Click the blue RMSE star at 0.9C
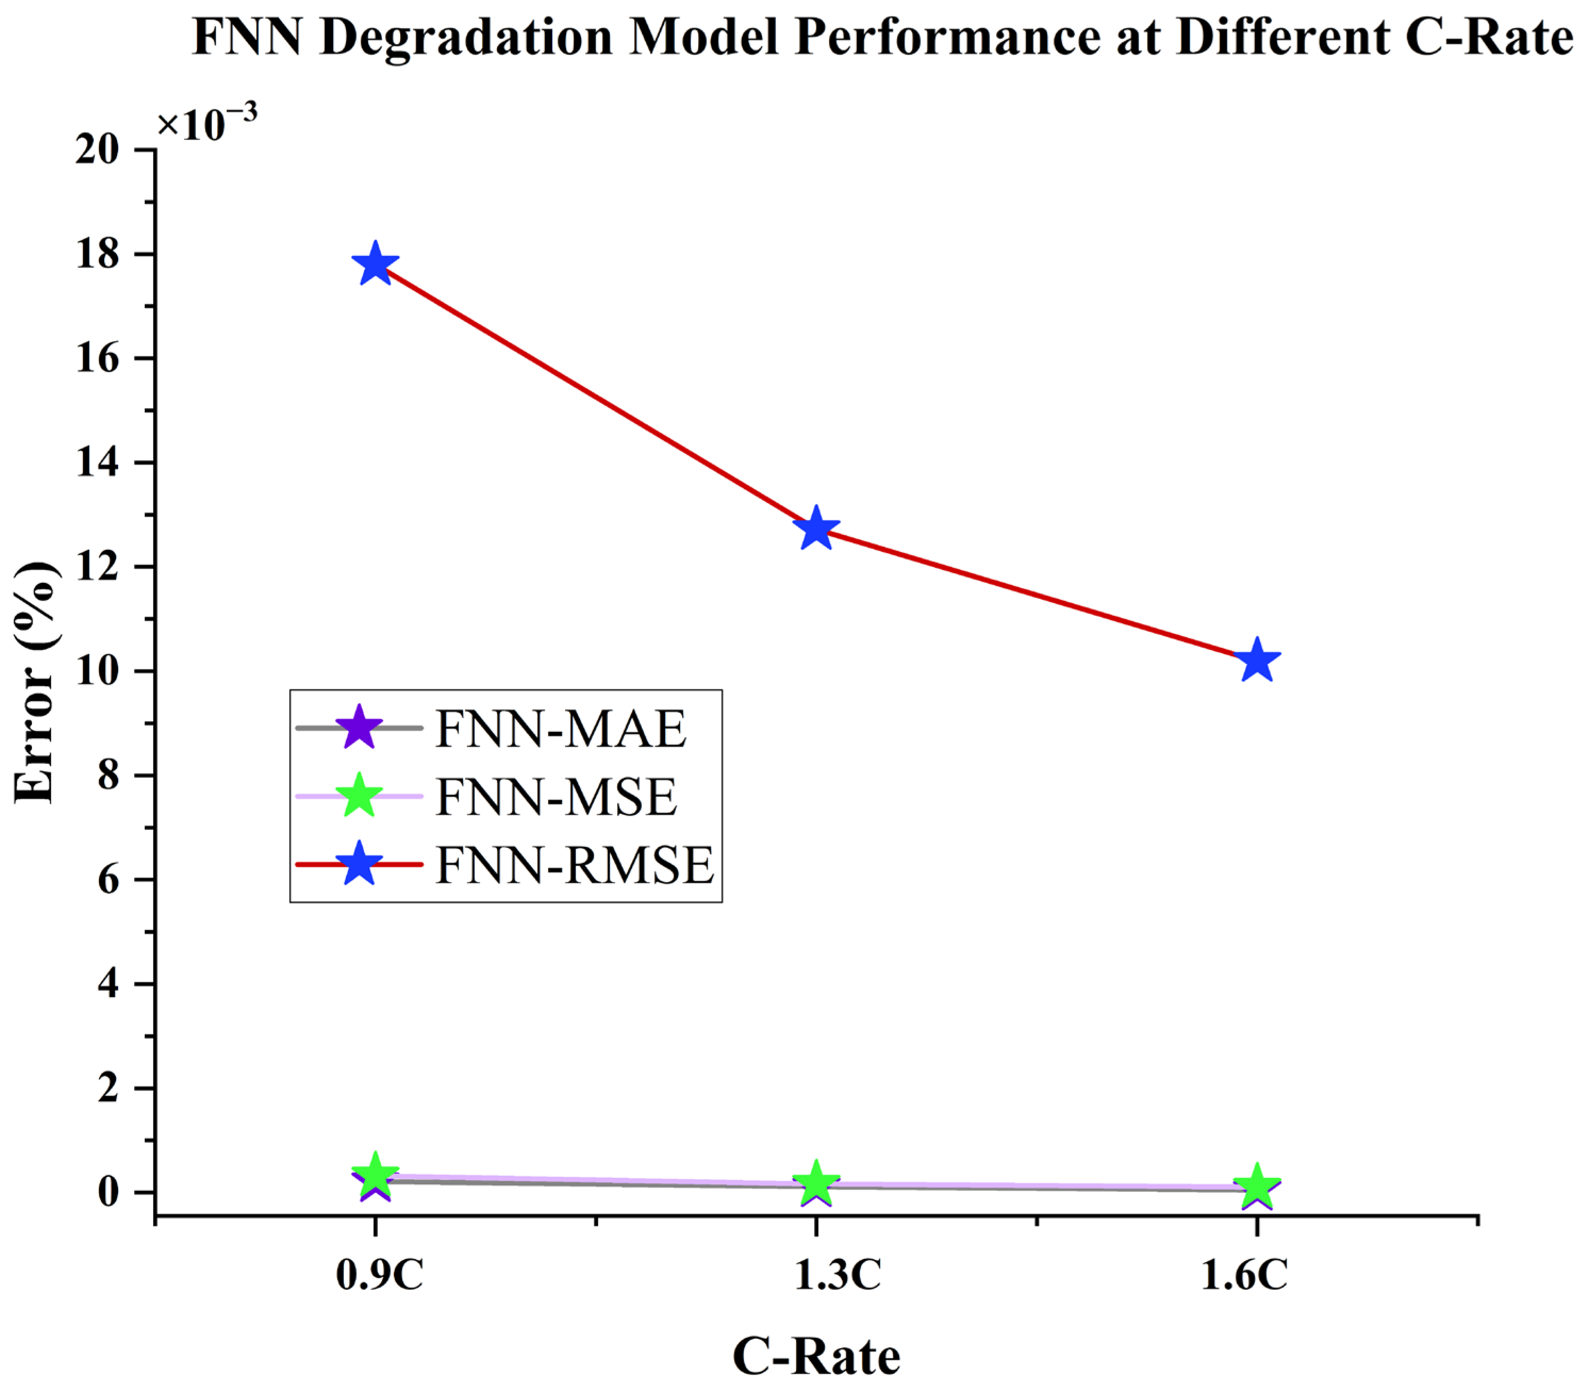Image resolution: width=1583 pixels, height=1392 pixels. point(376,264)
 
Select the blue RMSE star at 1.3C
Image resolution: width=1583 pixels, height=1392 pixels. point(816,529)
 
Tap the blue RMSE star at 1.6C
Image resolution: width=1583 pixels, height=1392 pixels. point(1256,661)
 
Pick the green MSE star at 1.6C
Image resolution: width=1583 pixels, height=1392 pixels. point(1256,1185)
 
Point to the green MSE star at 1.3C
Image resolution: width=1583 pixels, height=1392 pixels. point(816,1183)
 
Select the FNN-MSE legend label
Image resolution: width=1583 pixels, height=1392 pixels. point(556,797)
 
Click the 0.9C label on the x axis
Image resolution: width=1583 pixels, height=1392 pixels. point(379,1275)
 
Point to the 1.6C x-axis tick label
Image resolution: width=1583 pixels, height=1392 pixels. point(1244,1275)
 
